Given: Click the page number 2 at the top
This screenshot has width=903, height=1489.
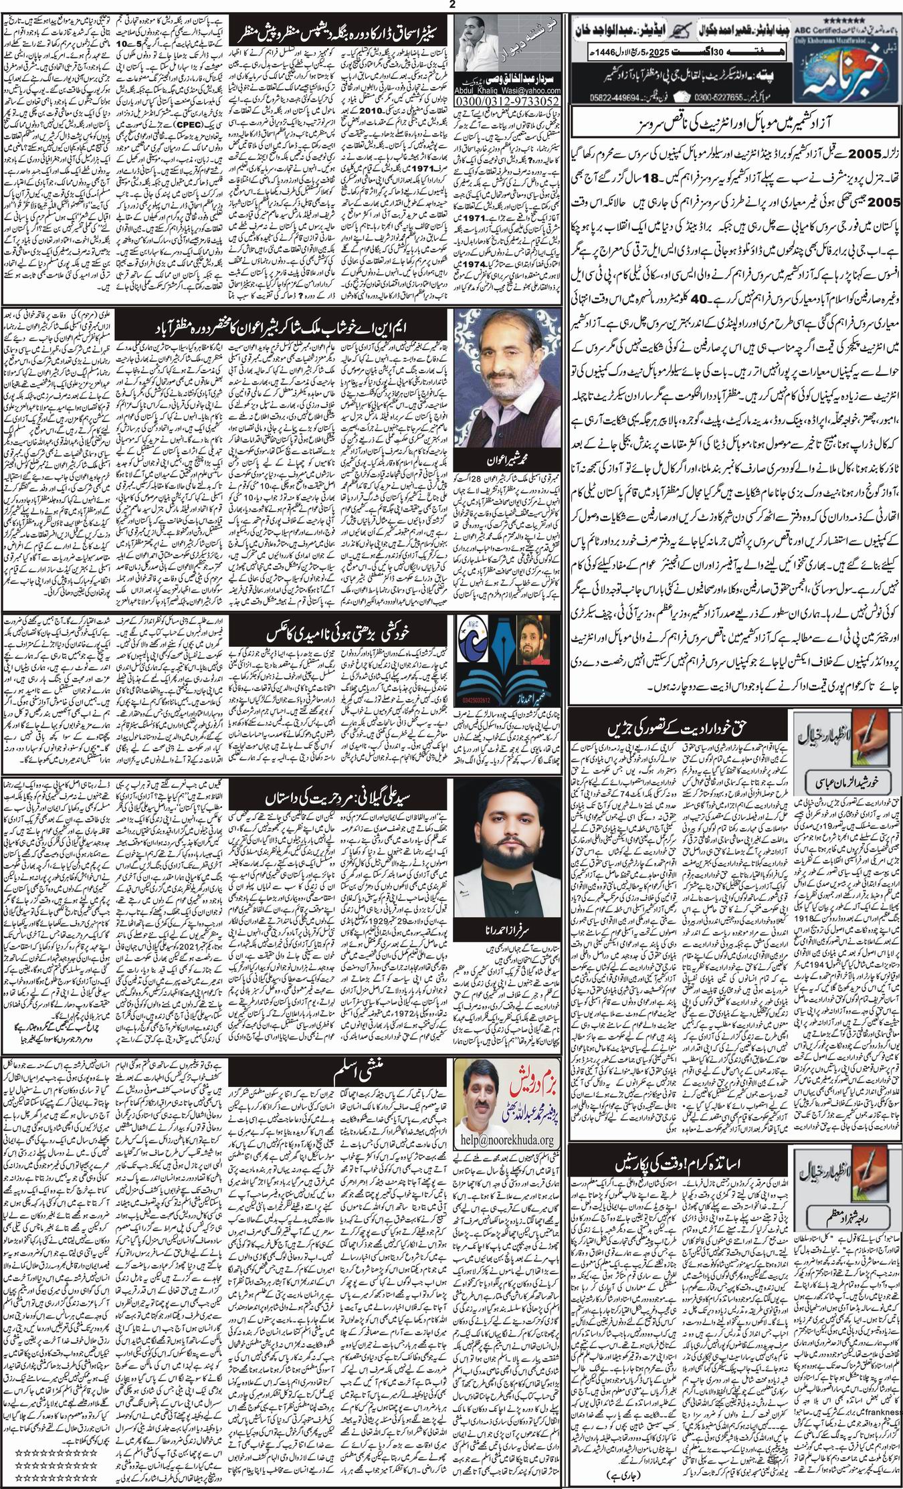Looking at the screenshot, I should [x=451, y=5].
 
